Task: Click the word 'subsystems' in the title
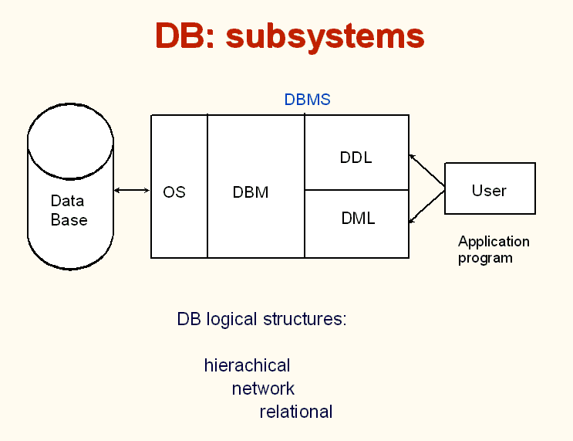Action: (x=325, y=36)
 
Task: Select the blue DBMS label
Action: (x=308, y=100)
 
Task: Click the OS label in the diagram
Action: (x=174, y=192)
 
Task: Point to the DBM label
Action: (x=251, y=192)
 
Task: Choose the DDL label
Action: (x=356, y=158)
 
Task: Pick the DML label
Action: (x=358, y=219)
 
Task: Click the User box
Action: (x=490, y=188)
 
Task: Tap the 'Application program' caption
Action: (x=494, y=250)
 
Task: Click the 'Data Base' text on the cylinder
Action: (x=69, y=210)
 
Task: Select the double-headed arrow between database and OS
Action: (x=132, y=190)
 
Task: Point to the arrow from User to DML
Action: (x=426, y=207)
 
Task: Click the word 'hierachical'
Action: (x=247, y=365)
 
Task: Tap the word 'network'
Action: (x=263, y=388)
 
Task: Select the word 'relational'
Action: (x=296, y=412)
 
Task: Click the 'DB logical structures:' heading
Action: (x=261, y=319)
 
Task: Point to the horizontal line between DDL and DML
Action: (x=356, y=190)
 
